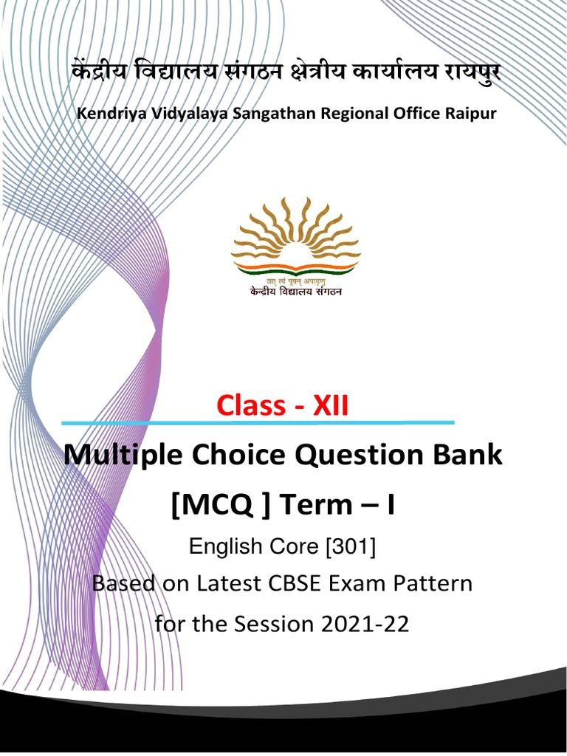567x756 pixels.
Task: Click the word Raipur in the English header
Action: pyautogui.click(x=470, y=114)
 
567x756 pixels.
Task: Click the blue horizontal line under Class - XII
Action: pyautogui.click(x=258, y=423)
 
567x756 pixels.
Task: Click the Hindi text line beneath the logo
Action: pyautogui.click(x=295, y=291)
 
